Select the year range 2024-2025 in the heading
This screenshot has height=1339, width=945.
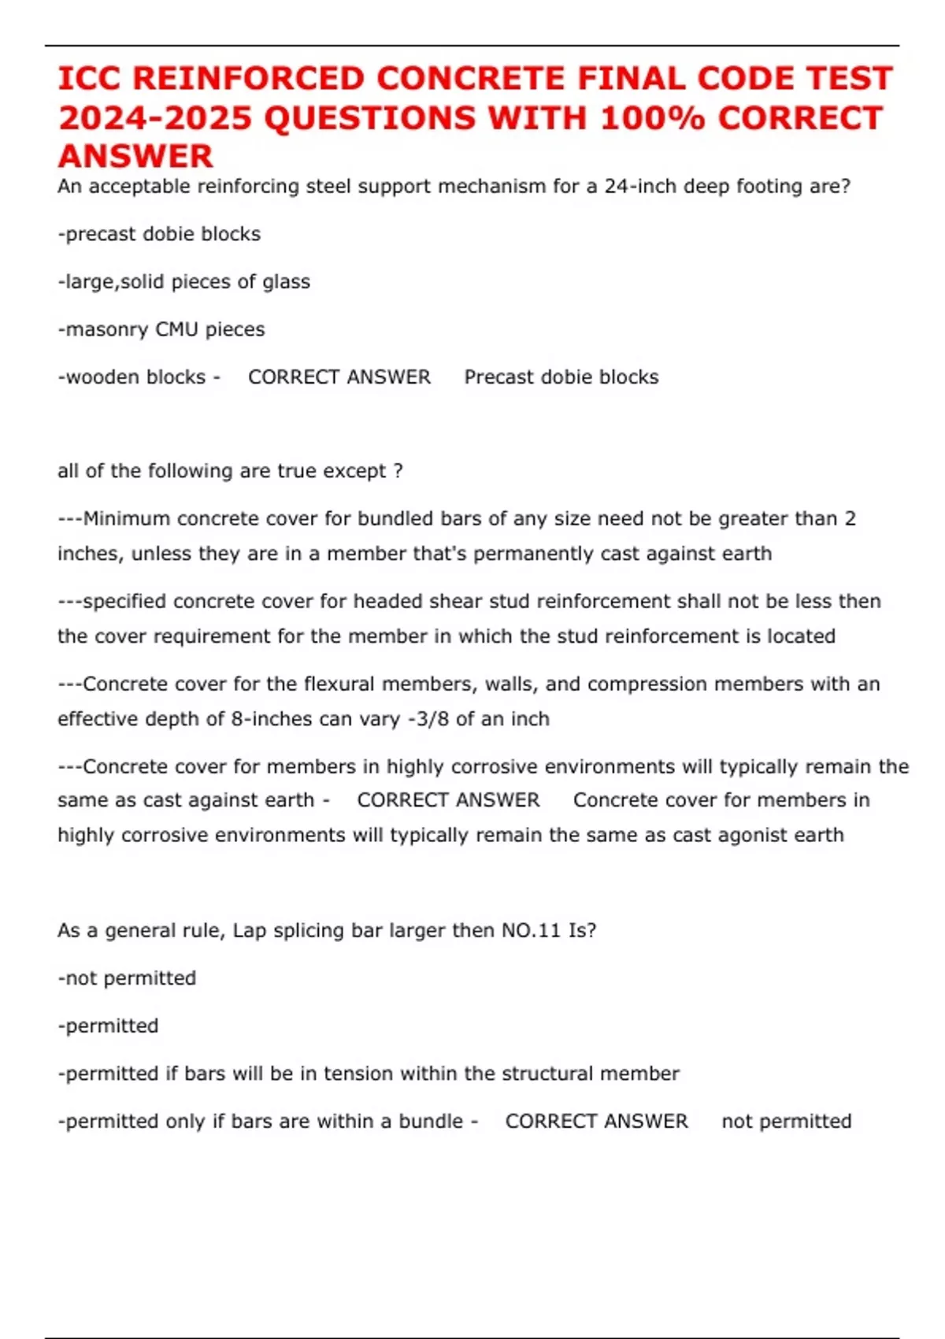(155, 118)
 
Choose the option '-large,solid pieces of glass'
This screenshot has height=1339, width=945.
(183, 282)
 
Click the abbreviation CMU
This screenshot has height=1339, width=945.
(177, 329)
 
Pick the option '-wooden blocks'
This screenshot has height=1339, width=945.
(132, 377)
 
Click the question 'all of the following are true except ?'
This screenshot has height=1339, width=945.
(230, 471)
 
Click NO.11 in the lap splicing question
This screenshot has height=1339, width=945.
(531, 931)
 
